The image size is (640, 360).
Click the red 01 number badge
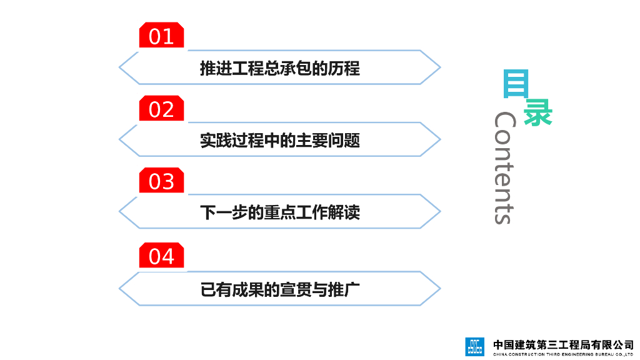(161, 36)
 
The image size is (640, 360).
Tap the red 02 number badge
(161, 109)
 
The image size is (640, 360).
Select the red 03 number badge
(161, 181)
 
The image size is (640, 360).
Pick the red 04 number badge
(161, 256)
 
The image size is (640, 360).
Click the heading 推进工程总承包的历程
(279, 67)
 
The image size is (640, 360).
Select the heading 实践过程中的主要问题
(279, 140)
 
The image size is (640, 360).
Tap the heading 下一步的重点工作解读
(279, 212)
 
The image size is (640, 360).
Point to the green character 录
(537, 112)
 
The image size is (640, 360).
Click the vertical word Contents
(504, 167)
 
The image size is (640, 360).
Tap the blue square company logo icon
(474, 346)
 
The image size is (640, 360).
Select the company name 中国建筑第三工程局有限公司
(563, 343)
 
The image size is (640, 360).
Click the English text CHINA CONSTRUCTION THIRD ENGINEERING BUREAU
(563, 354)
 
